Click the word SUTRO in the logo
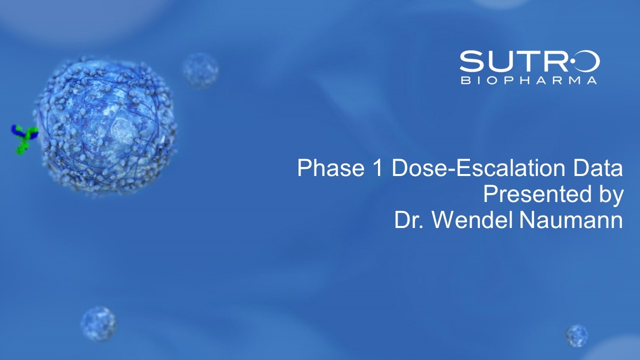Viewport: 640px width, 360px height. coord(529,61)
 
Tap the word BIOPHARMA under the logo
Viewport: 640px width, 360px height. coord(529,80)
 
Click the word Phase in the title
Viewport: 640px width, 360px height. coord(330,168)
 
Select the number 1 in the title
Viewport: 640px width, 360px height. coord(377,168)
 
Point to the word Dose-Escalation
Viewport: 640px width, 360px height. coord(478,168)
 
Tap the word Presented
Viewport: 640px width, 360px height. coord(537,194)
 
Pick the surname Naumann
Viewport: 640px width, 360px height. coord(571,220)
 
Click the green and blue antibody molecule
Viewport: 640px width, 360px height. coord(24,139)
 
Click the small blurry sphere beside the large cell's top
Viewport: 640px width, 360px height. coord(200,70)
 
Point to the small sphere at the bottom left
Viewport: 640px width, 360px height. coord(99,324)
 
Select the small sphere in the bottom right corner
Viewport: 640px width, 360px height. coord(577,335)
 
